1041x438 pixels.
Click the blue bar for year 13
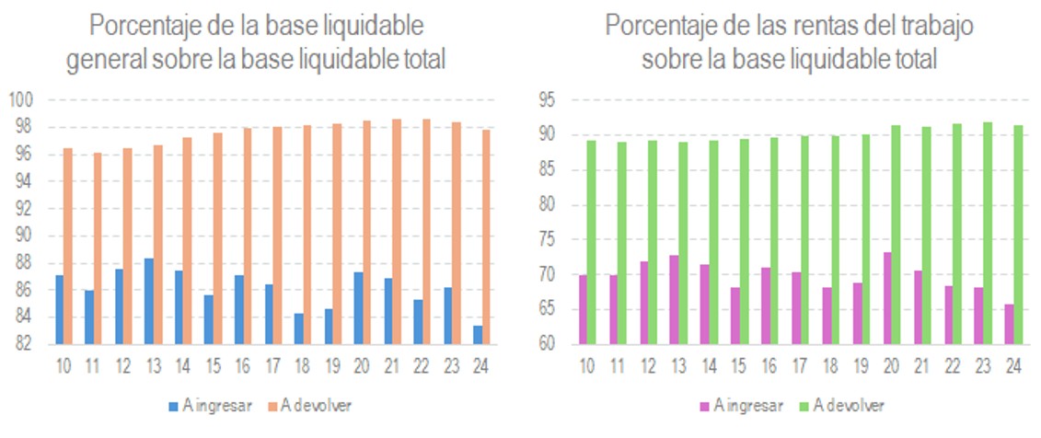pos(149,301)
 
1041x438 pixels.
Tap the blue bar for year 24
pos(479,334)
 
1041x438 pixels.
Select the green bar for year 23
pos(987,234)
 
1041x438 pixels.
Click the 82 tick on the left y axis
pos(24,344)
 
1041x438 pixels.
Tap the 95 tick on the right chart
pos(549,100)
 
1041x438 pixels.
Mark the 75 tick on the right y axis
pos(549,240)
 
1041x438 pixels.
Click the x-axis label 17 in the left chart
pos(272,366)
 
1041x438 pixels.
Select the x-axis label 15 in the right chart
pos(739,366)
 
